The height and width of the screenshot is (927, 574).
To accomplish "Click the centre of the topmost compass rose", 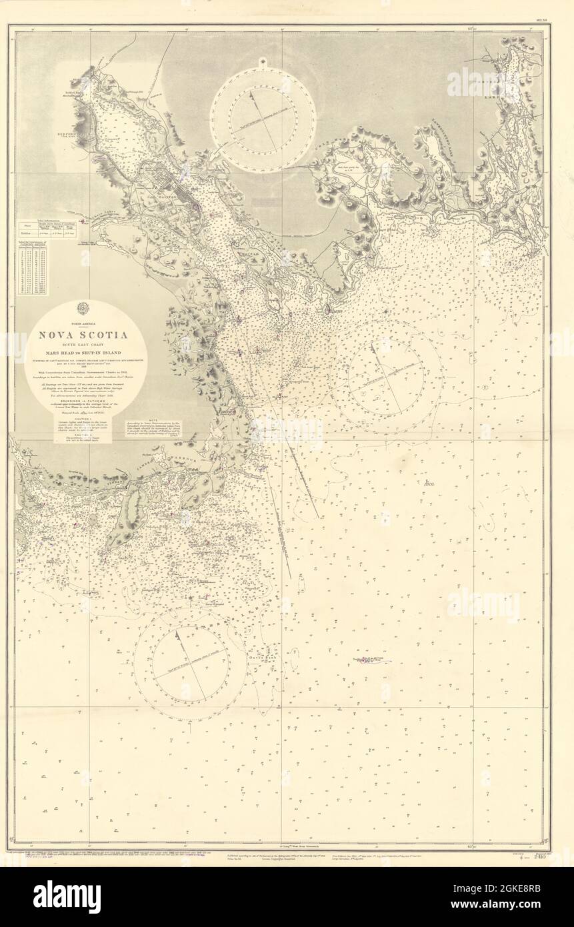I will click(264, 120).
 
